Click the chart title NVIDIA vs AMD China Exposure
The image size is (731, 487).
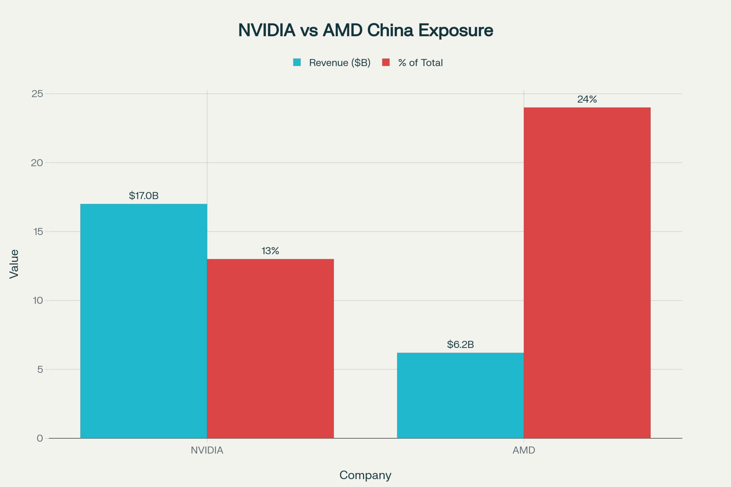click(x=365, y=30)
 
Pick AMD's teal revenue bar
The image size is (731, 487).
click(x=460, y=395)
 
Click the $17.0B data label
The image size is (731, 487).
click(x=144, y=196)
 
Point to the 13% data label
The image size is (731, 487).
click(x=270, y=251)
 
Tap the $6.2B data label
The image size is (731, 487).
click(x=460, y=344)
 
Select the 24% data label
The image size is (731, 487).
click(x=587, y=99)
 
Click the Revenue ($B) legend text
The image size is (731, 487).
click(x=340, y=63)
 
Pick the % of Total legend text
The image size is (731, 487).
click(x=420, y=63)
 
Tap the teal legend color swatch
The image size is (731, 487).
click(x=297, y=62)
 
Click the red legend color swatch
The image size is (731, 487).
click(x=386, y=62)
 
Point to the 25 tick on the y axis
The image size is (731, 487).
click(x=37, y=94)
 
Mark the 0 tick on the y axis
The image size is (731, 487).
click(x=40, y=438)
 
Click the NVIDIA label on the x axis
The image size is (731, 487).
click(x=207, y=450)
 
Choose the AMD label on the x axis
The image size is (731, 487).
click(x=524, y=450)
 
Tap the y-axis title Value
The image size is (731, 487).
click(x=14, y=264)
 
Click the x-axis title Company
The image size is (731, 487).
click(x=365, y=475)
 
